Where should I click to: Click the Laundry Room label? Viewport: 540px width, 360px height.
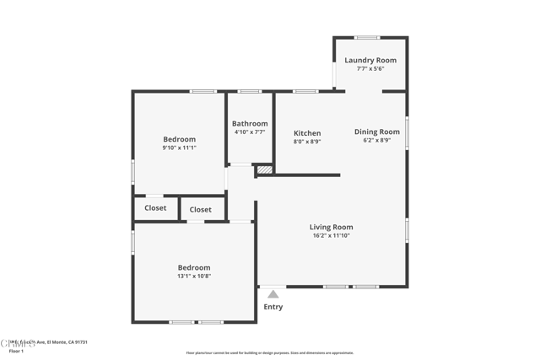[x=370, y=60]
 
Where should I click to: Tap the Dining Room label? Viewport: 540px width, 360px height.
[x=376, y=132]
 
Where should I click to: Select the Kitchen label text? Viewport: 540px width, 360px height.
[x=307, y=133]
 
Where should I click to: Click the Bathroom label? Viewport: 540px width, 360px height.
[x=250, y=123]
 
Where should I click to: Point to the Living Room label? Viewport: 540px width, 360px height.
[x=331, y=227]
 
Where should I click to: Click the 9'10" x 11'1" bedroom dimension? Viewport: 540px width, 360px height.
[x=179, y=148]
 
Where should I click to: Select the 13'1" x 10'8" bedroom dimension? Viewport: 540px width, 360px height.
[x=194, y=276]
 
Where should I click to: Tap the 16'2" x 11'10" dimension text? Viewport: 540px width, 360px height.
[x=331, y=235]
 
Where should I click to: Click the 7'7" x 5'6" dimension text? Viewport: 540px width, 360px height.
[x=370, y=68]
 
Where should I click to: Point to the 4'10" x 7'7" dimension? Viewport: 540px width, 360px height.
[x=250, y=132]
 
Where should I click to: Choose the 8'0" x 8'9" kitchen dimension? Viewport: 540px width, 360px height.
[x=307, y=142]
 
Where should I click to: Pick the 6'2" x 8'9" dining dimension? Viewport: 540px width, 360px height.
[x=376, y=140]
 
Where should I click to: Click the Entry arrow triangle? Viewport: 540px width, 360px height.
[x=273, y=294]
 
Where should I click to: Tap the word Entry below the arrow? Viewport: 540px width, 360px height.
[x=273, y=307]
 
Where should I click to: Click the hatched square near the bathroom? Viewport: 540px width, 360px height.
[x=265, y=169]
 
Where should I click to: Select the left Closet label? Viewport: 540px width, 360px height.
[x=155, y=207]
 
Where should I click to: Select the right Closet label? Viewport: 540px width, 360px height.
[x=201, y=209]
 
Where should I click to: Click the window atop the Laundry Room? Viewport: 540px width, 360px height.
[x=367, y=37]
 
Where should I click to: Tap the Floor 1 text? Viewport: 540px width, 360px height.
[x=16, y=350]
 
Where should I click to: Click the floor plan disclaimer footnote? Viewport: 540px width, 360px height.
[x=270, y=353]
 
